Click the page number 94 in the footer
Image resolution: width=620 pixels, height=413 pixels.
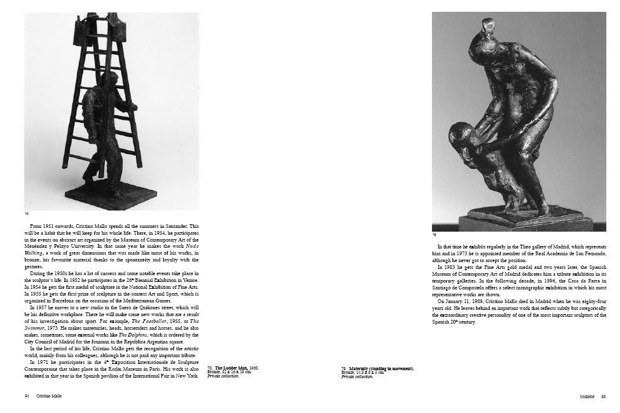click(27, 395)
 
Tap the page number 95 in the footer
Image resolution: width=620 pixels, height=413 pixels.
click(603, 395)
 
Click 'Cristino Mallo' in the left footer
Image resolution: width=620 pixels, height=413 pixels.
click(49, 395)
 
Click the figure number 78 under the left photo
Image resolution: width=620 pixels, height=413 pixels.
click(27, 214)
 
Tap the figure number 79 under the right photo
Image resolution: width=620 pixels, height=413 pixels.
click(434, 235)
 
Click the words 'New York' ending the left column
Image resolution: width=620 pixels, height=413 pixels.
click(188, 375)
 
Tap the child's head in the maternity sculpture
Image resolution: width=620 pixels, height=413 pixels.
click(459, 135)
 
